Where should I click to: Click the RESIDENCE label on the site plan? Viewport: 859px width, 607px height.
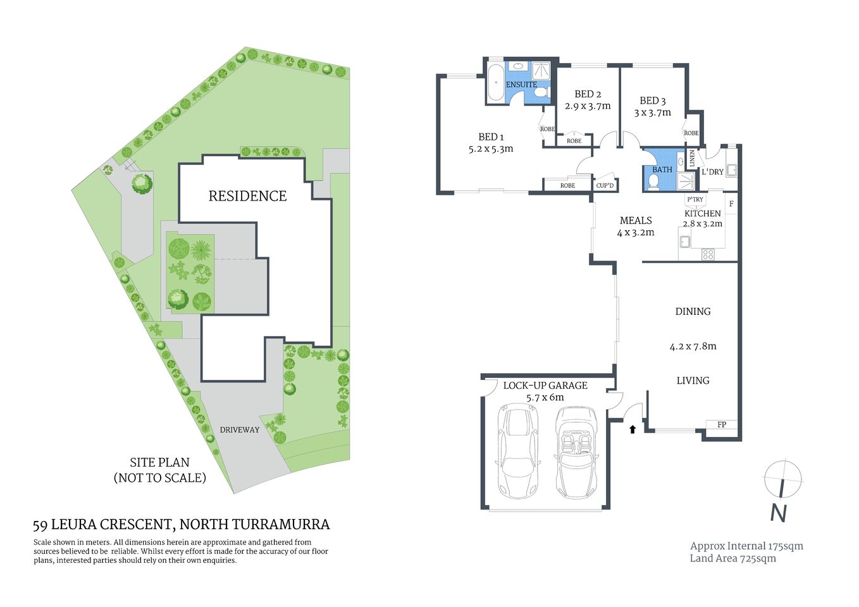click(247, 196)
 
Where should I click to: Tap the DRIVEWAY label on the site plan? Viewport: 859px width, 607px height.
click(239, 430)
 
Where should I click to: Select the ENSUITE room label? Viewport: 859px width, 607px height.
click(521, 85)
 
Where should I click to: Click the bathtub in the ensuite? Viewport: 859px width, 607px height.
click(495, 82)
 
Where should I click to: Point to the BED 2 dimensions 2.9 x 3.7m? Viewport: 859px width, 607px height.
click(588, 106)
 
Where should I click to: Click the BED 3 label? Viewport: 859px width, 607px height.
click(652, 101)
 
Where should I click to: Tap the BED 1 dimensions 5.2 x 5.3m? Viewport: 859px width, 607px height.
click(491, 149)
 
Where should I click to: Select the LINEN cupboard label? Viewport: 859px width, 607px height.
click(692, 158)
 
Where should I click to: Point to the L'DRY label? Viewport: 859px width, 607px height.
click(712, 172)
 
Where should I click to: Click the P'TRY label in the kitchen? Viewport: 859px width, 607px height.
click(695, 199)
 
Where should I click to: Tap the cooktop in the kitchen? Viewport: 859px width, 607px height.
click(708, 254)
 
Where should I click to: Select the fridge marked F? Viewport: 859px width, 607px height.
click(731, 204)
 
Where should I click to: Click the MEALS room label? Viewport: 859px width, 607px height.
click(636, 221)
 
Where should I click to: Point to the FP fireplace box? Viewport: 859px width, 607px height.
click(722, 425)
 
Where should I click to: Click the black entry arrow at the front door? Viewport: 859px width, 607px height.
click(632, 429)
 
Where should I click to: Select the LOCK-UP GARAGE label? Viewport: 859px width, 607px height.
click(545, 386)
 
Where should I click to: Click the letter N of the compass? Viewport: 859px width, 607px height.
click(779, 513)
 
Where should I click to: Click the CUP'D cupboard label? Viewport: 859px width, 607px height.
click(605, 185)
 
